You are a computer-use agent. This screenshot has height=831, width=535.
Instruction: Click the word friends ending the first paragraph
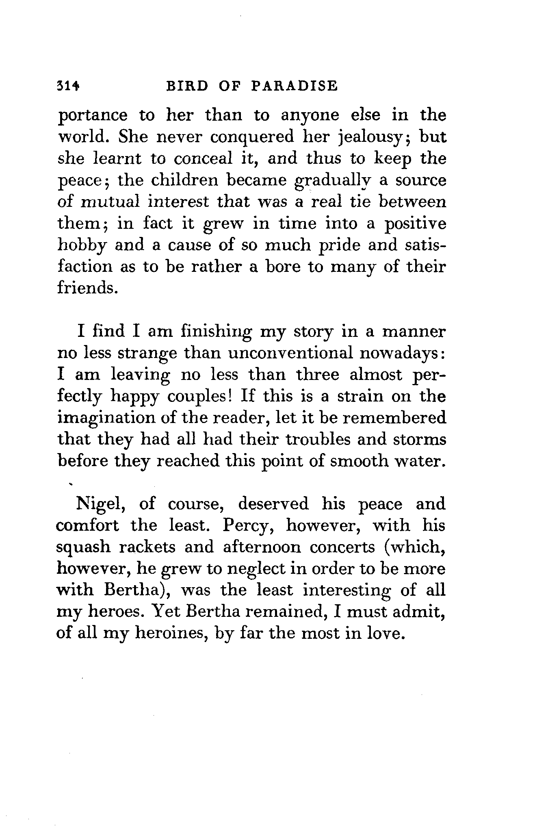tap(84, 288)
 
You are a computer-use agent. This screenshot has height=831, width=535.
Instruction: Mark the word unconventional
tap(290, 353)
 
